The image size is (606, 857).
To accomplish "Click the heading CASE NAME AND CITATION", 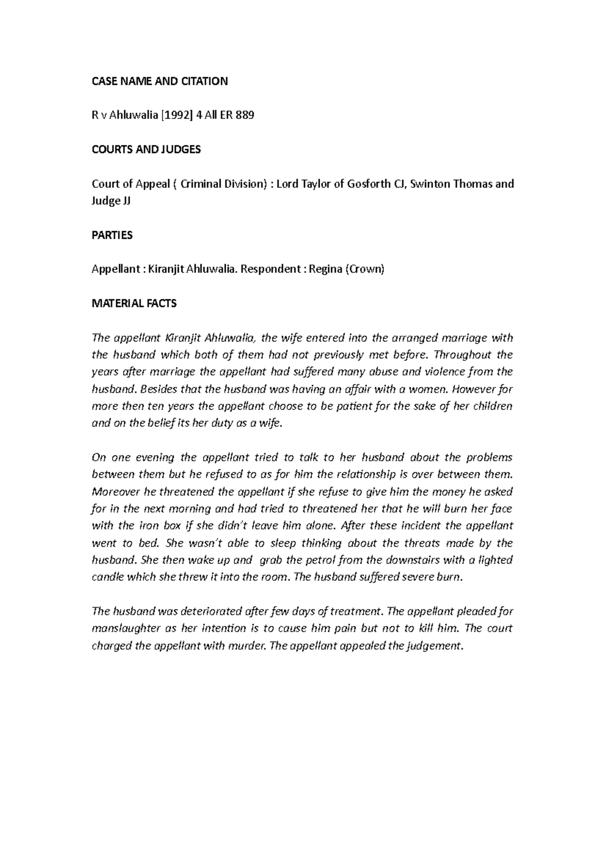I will coord(160,81).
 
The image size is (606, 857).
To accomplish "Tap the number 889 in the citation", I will coord(244,116).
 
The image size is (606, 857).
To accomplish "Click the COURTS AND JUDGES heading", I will coord(146,149).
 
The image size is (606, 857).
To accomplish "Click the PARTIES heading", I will coord(112,235).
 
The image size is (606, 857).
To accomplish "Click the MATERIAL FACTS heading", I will coord(134,303).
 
